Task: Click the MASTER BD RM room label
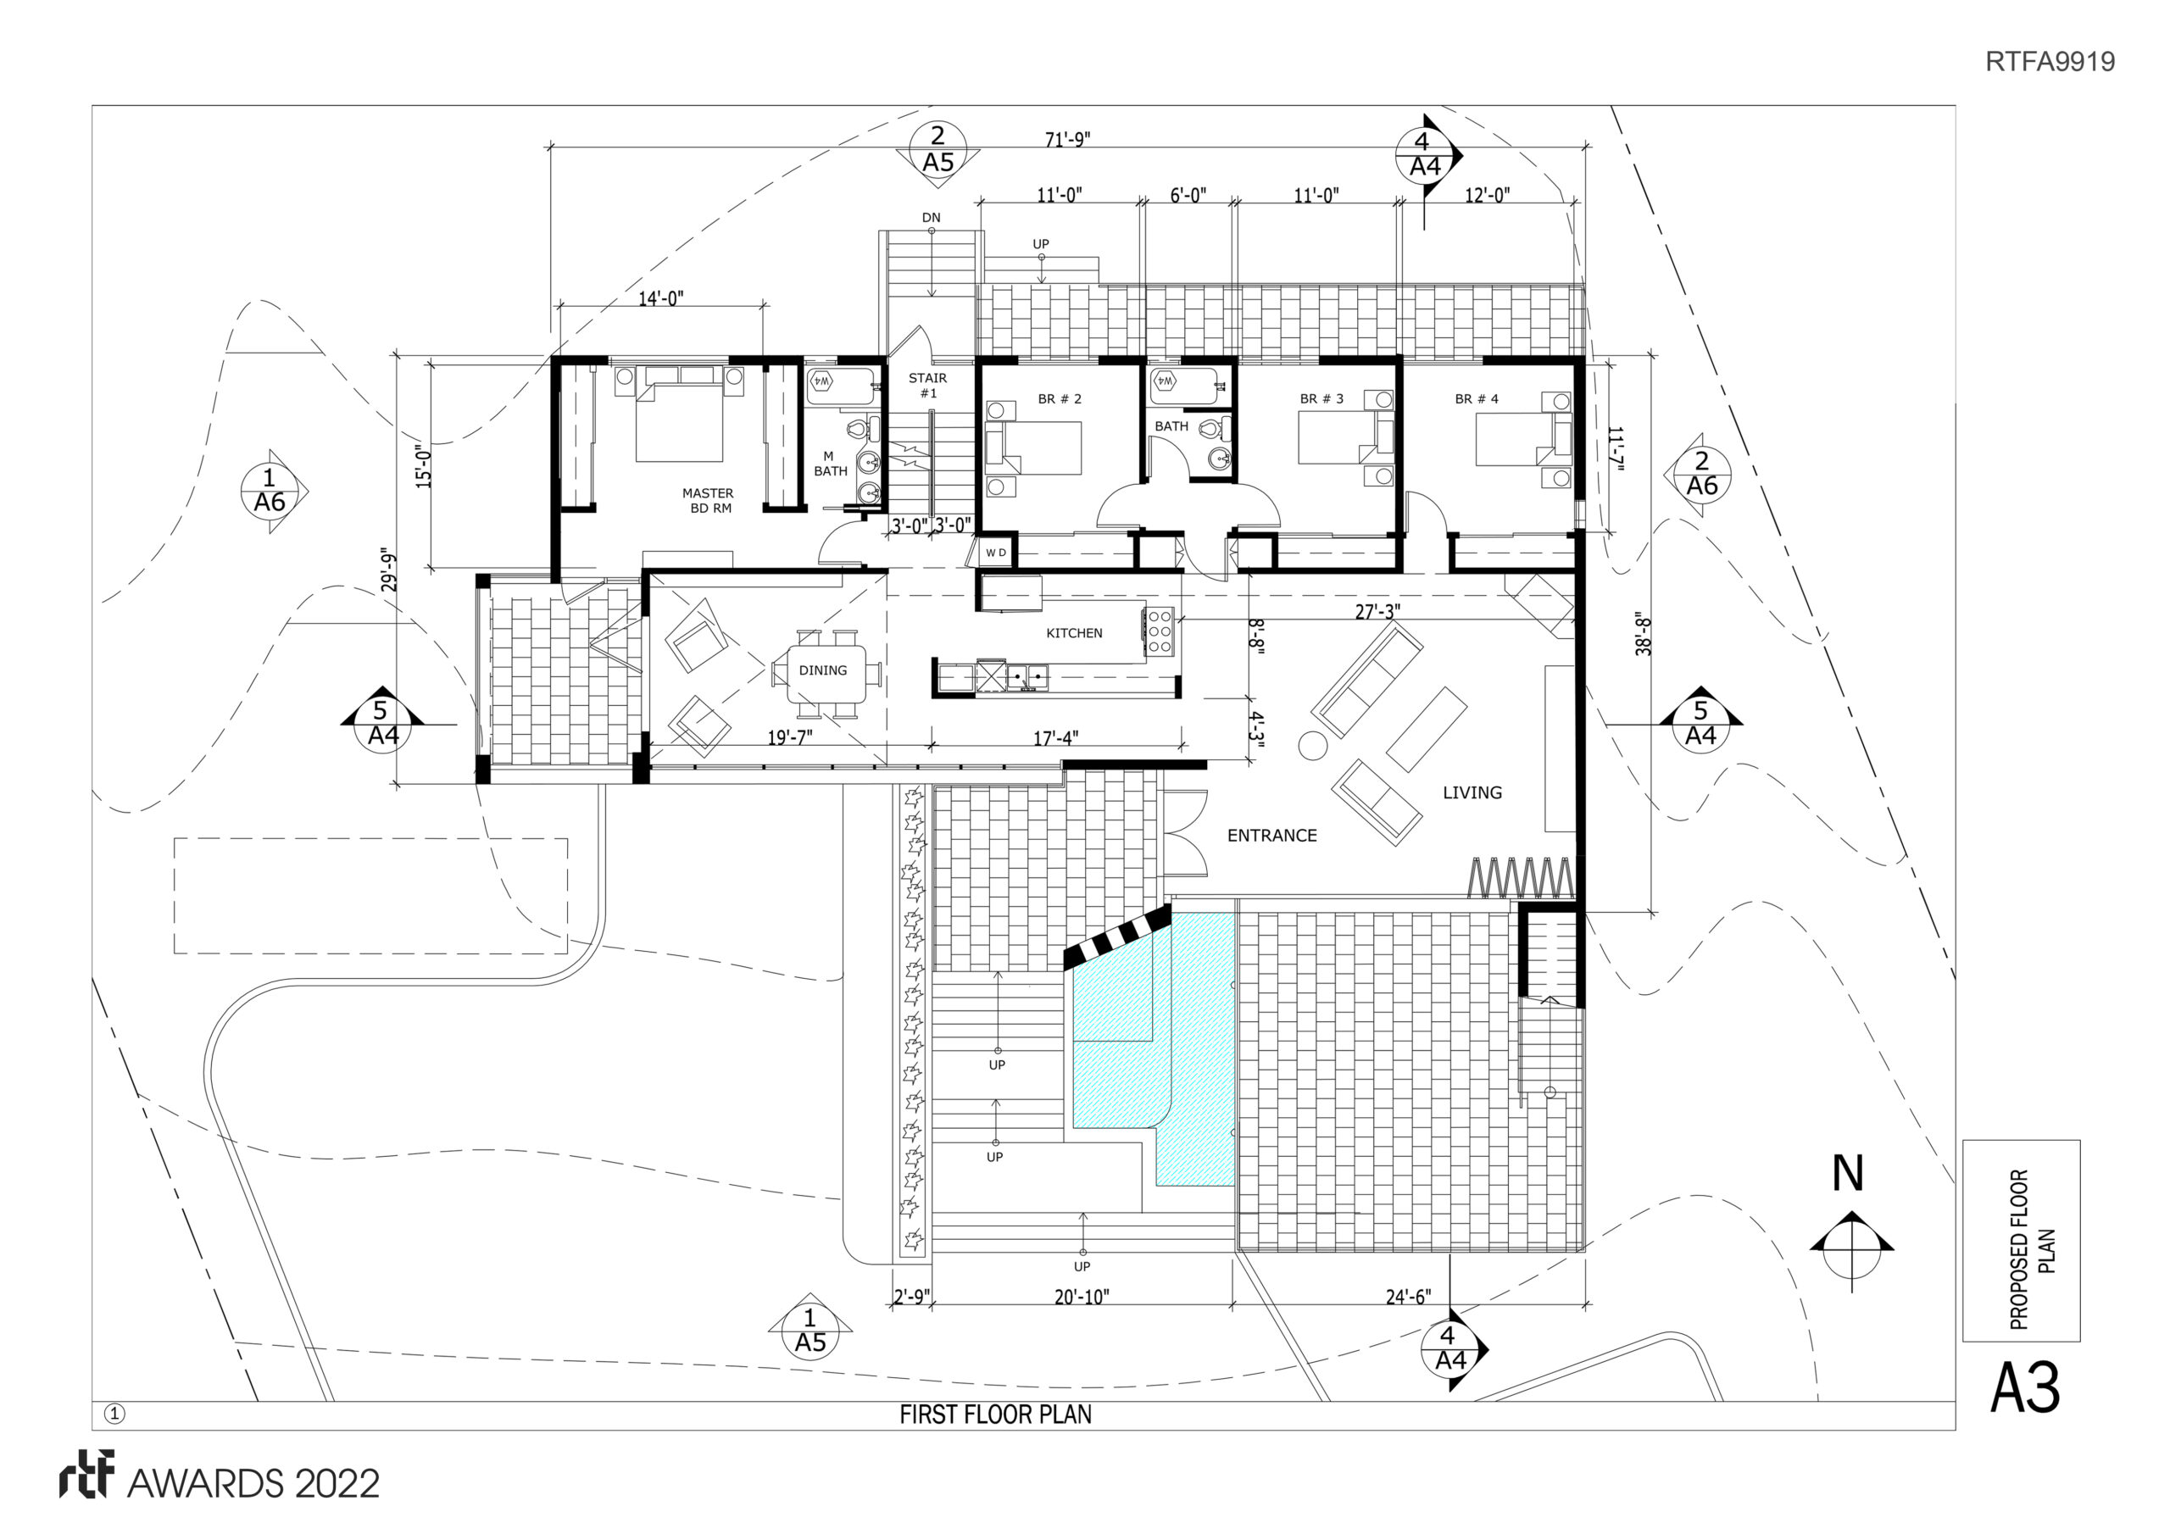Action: (708, 501)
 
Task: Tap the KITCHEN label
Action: (1074, 633)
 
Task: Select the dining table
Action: (827, 673)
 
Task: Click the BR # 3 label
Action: (1321, 399)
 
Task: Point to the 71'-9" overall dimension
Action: (1068, 140)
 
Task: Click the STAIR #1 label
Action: (928, 386)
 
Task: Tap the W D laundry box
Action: (996, 553)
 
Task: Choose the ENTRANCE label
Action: (1272, 836)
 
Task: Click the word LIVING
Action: (1472, 793)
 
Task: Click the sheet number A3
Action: (2024, 1388)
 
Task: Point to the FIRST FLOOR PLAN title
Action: (995, 1415)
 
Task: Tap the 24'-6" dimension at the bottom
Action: (1408, 1297)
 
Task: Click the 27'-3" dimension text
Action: (1378, 612)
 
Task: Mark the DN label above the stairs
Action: (931, 218)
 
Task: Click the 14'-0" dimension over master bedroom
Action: (660, 298)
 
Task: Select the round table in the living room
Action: (1313, 746)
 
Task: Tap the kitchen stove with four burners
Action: (1159, 632)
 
